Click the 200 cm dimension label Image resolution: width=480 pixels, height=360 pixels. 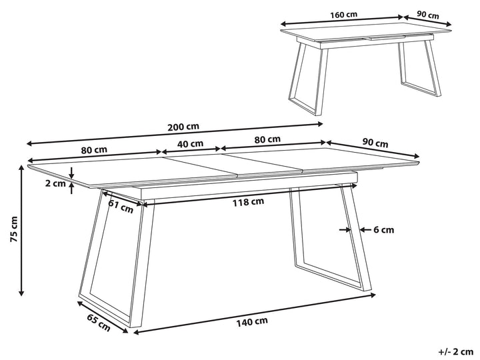183,127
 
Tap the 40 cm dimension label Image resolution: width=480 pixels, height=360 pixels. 191,143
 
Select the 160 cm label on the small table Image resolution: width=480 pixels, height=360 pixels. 343,15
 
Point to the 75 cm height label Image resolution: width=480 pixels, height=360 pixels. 14,229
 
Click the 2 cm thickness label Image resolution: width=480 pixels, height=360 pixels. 55,184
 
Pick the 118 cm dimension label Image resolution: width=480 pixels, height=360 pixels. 248,202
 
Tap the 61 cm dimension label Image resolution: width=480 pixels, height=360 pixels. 121,207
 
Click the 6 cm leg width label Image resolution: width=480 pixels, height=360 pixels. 383,229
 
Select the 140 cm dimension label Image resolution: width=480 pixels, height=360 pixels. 252,322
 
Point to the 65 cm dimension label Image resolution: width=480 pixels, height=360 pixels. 99,323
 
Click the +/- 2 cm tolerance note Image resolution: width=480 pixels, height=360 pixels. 456,352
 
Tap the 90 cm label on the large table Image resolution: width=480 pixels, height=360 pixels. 375,143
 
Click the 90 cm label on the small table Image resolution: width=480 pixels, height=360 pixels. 428,15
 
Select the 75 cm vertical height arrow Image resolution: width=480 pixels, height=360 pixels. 21,230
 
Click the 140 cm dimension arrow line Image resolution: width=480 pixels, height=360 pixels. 255,313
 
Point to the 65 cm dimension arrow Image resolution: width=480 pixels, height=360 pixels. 103,317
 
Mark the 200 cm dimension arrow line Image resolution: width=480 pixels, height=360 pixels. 175,133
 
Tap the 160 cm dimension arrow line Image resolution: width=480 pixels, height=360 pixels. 342,20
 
